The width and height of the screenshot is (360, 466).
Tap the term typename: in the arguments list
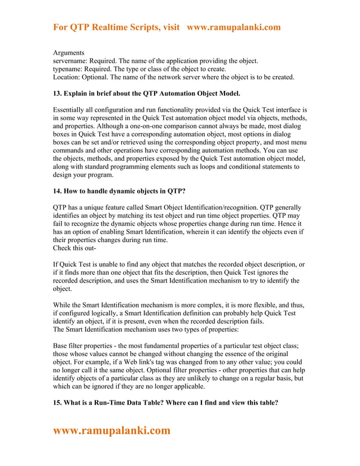pos(70,69)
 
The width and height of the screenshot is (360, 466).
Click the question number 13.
pos(59,93)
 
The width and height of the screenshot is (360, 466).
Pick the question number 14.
pos(59,191)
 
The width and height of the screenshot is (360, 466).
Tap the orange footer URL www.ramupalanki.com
pos(111,431)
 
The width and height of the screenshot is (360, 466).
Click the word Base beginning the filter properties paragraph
pos(62,345)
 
